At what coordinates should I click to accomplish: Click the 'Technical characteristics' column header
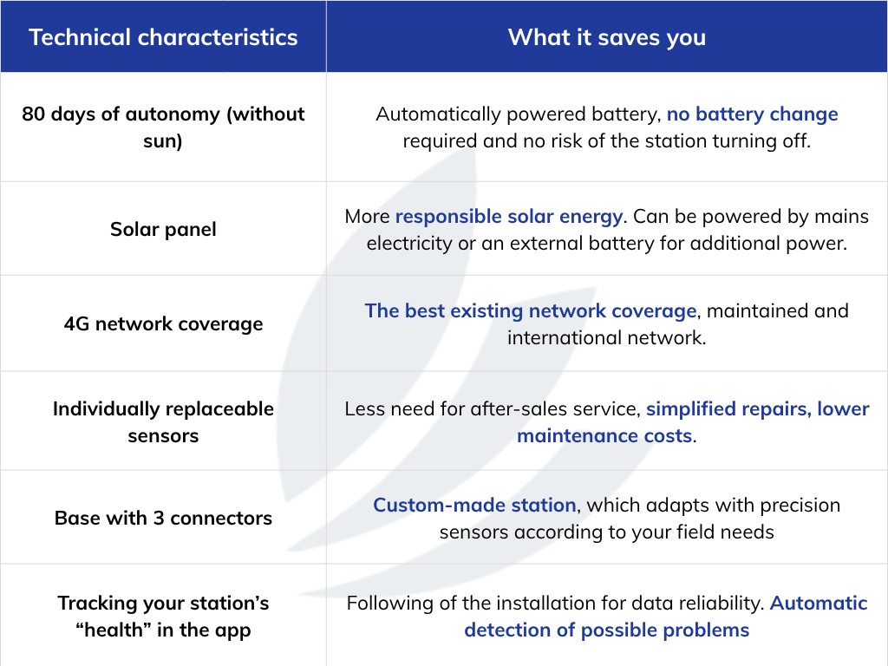click(163, 37)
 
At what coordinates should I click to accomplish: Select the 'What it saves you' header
click(606, 37)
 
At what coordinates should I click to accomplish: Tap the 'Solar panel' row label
click(163, 229)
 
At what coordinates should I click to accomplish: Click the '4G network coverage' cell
click(163, 324)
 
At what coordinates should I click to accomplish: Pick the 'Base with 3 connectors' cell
click(163, 519)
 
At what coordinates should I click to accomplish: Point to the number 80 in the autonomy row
click(34, 114)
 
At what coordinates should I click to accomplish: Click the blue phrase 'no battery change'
click(752, 114)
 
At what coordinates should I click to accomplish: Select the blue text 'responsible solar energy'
click(508, 216)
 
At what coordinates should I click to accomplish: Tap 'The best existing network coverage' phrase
click(530, 311)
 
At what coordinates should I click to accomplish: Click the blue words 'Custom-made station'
click(474, 505)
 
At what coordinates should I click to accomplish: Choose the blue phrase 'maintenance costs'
click(604, 435)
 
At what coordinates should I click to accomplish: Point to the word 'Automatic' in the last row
click(819, 604)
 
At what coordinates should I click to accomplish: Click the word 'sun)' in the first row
click(163, 141)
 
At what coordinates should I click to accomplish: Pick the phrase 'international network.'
click(606, 337)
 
